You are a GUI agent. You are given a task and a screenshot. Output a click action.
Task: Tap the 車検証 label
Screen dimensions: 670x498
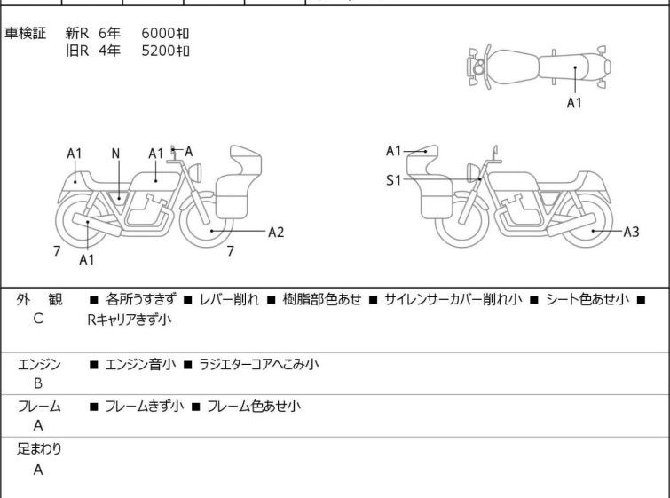point(25,33)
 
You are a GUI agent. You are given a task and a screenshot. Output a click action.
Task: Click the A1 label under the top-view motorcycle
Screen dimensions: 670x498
point(574,103)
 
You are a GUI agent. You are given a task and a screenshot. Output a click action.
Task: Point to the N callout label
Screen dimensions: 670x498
point(115,154)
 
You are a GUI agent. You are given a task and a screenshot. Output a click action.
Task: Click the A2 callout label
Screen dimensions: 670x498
point(276,232)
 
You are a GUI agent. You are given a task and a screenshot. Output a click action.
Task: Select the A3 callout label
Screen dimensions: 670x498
point(631,232)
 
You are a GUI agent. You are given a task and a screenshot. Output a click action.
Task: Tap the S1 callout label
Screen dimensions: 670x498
point(393,180)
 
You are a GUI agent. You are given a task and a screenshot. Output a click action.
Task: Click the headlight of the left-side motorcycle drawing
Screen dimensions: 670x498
point(195,173)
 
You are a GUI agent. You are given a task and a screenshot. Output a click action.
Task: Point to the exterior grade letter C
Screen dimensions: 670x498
point(38,319)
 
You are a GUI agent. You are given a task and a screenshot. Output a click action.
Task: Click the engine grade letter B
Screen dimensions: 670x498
point(38,383)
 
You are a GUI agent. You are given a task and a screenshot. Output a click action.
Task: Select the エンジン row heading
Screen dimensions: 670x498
point(39,365)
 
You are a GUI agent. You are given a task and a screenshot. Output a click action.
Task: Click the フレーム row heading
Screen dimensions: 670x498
point(39,406)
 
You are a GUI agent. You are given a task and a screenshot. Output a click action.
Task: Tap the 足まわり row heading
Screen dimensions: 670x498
point(39,449)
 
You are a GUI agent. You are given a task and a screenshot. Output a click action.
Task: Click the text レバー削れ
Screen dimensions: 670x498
point(230,299)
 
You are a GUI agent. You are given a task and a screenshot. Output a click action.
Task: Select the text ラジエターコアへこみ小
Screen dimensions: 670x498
point(259,364)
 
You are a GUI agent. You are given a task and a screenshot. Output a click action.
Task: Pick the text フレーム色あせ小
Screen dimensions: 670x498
point(254,406)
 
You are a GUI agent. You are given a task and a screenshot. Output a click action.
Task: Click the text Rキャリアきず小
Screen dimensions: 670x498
point(129,320)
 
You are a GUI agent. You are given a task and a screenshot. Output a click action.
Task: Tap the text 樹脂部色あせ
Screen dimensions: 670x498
point(322,299)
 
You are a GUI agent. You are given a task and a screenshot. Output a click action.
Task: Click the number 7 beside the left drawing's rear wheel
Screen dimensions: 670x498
point(57,251)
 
